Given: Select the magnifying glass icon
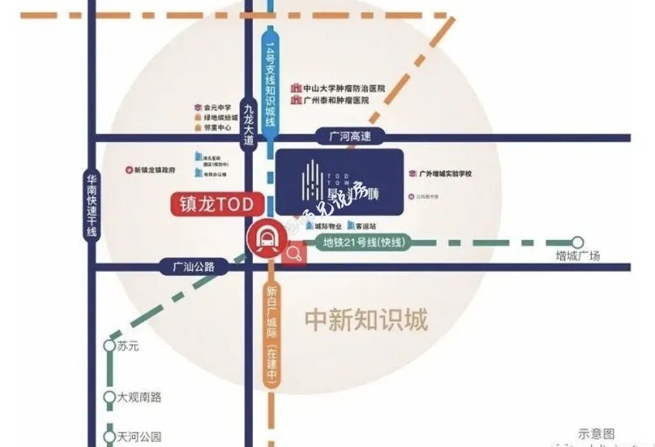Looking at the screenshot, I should (x=294, y=254).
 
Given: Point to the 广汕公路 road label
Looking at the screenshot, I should (x=193, y=267).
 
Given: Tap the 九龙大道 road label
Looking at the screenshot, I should (x=248, y=123).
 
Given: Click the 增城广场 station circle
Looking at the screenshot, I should (x=577, y=242).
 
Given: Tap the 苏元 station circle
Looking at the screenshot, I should (x=110, y=346).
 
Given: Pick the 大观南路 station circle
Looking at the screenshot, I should (x=110, y=397).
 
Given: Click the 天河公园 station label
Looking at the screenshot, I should (x=140, y=437).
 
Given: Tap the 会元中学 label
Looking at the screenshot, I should (x=217, y=108).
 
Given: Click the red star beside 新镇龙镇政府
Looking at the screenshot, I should (x=128, y=170).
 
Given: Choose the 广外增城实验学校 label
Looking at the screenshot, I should (x=449, y=173).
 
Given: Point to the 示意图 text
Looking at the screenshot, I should (x=596, y=434).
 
